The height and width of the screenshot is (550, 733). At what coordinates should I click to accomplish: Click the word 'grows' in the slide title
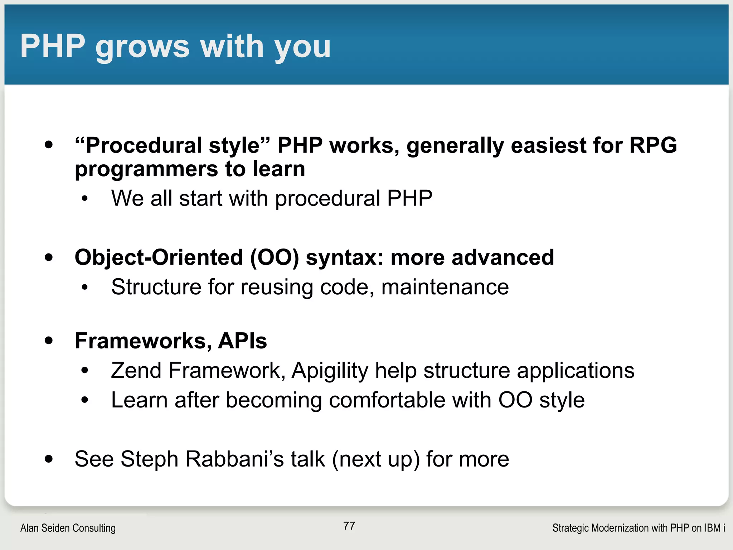point(142,47)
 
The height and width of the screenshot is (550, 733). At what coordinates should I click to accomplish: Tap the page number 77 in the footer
point(349,526)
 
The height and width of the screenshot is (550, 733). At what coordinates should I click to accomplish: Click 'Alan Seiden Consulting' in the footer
point(68,528)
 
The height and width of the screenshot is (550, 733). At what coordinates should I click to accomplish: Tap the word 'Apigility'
point(330,370)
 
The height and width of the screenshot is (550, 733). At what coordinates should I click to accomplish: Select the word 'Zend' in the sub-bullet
point(136,370)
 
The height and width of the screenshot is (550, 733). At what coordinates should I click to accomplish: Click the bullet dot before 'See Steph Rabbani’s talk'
point(49,459)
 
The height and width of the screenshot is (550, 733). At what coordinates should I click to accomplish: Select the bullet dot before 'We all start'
point(84,198)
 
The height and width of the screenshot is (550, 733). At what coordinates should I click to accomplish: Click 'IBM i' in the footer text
point(714,528)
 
